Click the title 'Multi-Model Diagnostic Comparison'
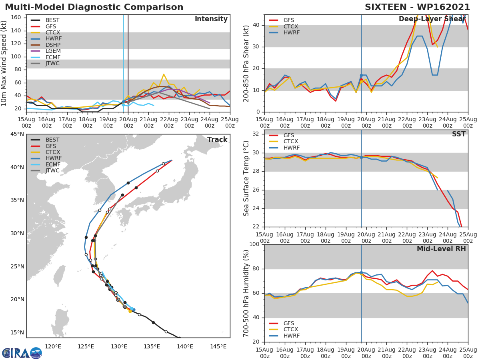click(x=94, y=7)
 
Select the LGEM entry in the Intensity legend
click(x=52, y=51)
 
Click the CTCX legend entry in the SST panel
click(x=290, y=142)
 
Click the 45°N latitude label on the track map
click(x=16, y=134)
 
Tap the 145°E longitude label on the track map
click(x=218, y=347)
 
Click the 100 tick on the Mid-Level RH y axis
click(x=254, y=244)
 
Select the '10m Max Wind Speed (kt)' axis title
click(x=4, y=63)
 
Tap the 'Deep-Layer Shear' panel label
click(x=432, y=19)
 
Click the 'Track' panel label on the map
click(x=217, y=140)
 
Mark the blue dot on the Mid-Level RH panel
click(x=361, y=272)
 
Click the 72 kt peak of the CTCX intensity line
click(x=164, y=74)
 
